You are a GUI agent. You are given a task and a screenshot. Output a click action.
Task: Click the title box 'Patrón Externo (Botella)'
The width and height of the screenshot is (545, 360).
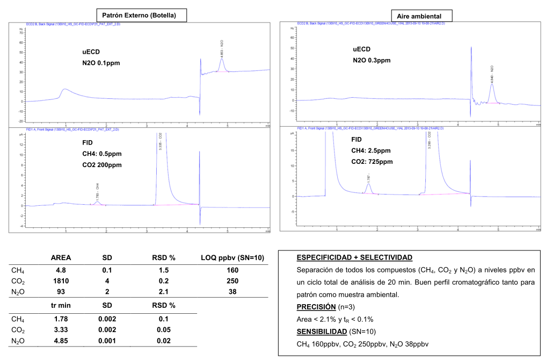(141, 15)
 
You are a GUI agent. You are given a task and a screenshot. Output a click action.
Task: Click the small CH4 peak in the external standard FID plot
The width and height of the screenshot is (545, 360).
(97, 203)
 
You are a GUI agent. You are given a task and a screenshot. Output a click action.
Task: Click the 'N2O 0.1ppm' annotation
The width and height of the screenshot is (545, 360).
(101, 63)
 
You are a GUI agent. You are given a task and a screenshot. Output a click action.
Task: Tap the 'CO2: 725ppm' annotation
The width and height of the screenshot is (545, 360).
(372, 162)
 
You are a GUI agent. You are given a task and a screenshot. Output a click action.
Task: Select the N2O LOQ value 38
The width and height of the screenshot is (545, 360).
(232, 292)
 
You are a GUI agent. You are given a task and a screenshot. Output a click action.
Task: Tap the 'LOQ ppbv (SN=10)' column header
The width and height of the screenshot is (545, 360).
(232, 258)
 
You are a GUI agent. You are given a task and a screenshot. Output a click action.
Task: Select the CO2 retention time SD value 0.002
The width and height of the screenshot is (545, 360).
(107, 329)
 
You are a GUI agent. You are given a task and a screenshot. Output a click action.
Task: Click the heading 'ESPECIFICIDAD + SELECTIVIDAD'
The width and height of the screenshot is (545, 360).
(354, 257)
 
